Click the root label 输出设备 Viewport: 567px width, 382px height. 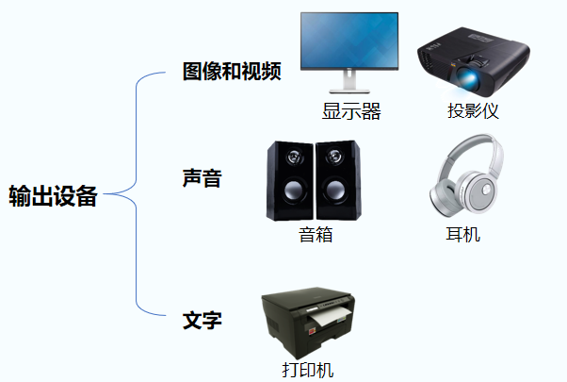[x=53, y=196]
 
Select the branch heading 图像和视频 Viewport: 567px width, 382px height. [x=232, y=72]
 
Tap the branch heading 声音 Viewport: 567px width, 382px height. [x=201, y=176]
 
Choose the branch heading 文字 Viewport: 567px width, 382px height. [x=202, y=321]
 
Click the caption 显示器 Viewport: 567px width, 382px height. [x=351, y=111]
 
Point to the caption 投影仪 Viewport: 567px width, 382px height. [x=473, y=111]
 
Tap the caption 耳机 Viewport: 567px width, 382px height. [x=462, y=234]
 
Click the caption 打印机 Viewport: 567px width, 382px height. [x=307, y=370]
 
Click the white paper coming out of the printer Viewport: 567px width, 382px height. [x=325, y=321]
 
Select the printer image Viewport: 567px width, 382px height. [x=306, y=322]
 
